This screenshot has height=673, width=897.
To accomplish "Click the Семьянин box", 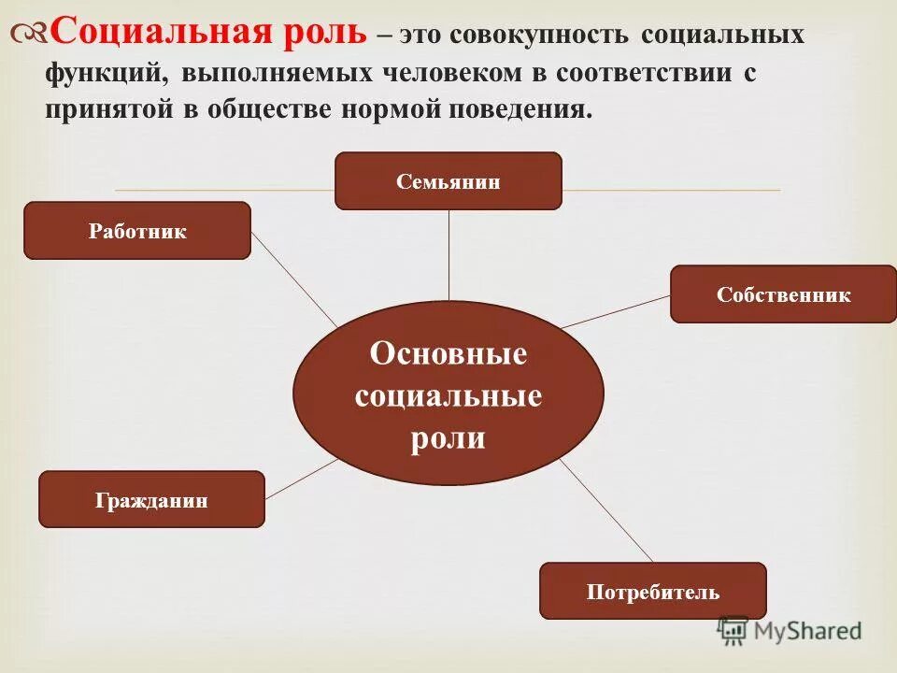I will (x=448, y=181).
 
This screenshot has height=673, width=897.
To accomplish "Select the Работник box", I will (x=137, y=231).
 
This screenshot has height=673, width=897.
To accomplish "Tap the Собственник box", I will (x=783, y=294).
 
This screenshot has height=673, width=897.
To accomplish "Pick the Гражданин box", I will (x=151, y=500).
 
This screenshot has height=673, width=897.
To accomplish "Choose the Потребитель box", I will (x=653, y=591).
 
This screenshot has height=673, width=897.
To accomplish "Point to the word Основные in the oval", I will (x=448, y=354).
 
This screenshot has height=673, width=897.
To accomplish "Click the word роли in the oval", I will (x=448, y=437).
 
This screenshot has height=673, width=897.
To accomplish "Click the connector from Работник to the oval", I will (x=293, y=279).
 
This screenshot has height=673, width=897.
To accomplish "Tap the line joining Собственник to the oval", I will (x=617, y=311).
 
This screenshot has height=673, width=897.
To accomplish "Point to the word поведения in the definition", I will (x=534, y=110).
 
